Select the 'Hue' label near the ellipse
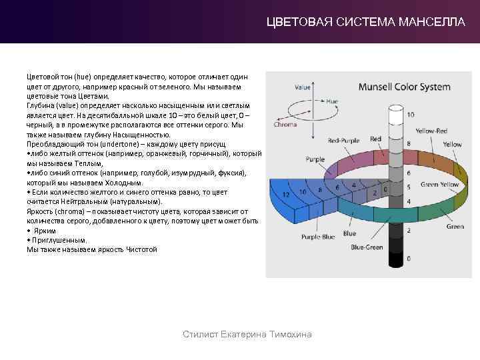pos(332,101)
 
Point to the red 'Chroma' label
pos(285,124)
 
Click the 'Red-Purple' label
pos(344,141)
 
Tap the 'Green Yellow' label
pos(439,184)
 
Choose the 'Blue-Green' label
pos(367,247)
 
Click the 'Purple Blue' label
pos(318,236)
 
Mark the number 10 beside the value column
pos(411,115)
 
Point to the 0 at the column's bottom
pos(408,258)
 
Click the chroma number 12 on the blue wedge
pos(286,194)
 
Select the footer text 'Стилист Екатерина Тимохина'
pos(247,334)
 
